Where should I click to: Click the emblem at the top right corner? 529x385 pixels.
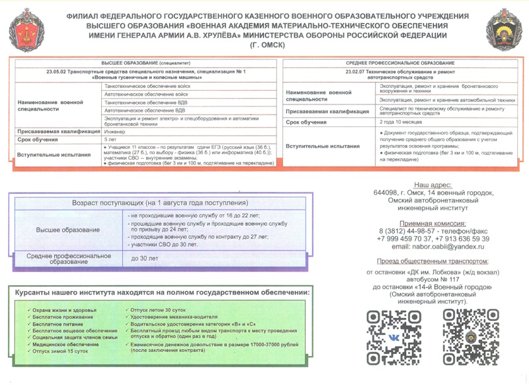(x=504, y=30)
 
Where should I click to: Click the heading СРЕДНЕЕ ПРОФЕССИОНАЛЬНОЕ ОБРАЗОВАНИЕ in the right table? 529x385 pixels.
(x=400, y=62)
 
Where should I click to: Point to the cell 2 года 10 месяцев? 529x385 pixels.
(x=397, y=122)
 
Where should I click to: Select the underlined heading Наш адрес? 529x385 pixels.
(x=433, y=185)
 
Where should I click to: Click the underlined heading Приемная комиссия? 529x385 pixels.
(x=433, y=224)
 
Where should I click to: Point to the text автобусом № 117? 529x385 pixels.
(x=433, y=280)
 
